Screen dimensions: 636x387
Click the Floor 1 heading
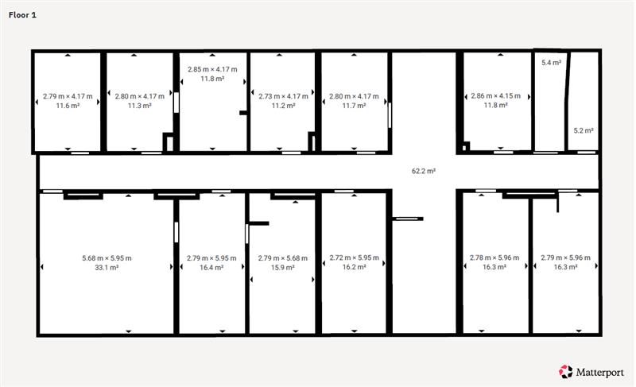pyautogui.click(x=22, y=15)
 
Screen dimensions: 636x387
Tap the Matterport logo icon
pyautogui.click(x=566, y=371)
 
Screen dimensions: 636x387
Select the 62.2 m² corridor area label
pyautogui.click(x=424, y=171)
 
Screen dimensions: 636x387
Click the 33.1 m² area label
pyautogui.click(x=107, y=268)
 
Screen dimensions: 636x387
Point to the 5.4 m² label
pyautogui.click(x=551, y=63)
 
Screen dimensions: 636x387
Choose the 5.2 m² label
pyautogui.click(x=584, y=130)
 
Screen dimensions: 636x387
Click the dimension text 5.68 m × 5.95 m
pyautogui.click(x=107, y=258)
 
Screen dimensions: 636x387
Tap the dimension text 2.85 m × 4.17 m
pyautogui.click(x=212, y=69)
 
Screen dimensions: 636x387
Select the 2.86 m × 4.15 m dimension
pyautogui.click(x=495, y=96)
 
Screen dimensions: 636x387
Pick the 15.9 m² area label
pyautogui.click(x=283, y=268)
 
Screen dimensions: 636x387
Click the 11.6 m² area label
pyautogui.click(x=68, y=106)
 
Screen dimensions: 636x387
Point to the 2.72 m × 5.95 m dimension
pyautogui.click(x=354, y=257)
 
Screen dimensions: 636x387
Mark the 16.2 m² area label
pyautogui.click(x=354, y=267)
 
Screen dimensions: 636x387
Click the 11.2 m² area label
pyautogui.click(x=283, y=106)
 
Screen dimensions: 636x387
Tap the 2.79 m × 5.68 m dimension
pyautogui.click(x=283, y=258)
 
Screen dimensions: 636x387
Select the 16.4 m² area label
pyautogui.click(x=211, y=268)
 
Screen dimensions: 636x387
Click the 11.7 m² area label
pyautogui.click(x=354, y=106)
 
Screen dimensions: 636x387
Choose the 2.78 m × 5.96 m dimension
pyautogui.click(x=494, y=257)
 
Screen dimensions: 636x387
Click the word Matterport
pyautogui.click(x=600, y=372)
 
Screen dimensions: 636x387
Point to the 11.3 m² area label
pyautogui.click(x=140, y=106)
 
